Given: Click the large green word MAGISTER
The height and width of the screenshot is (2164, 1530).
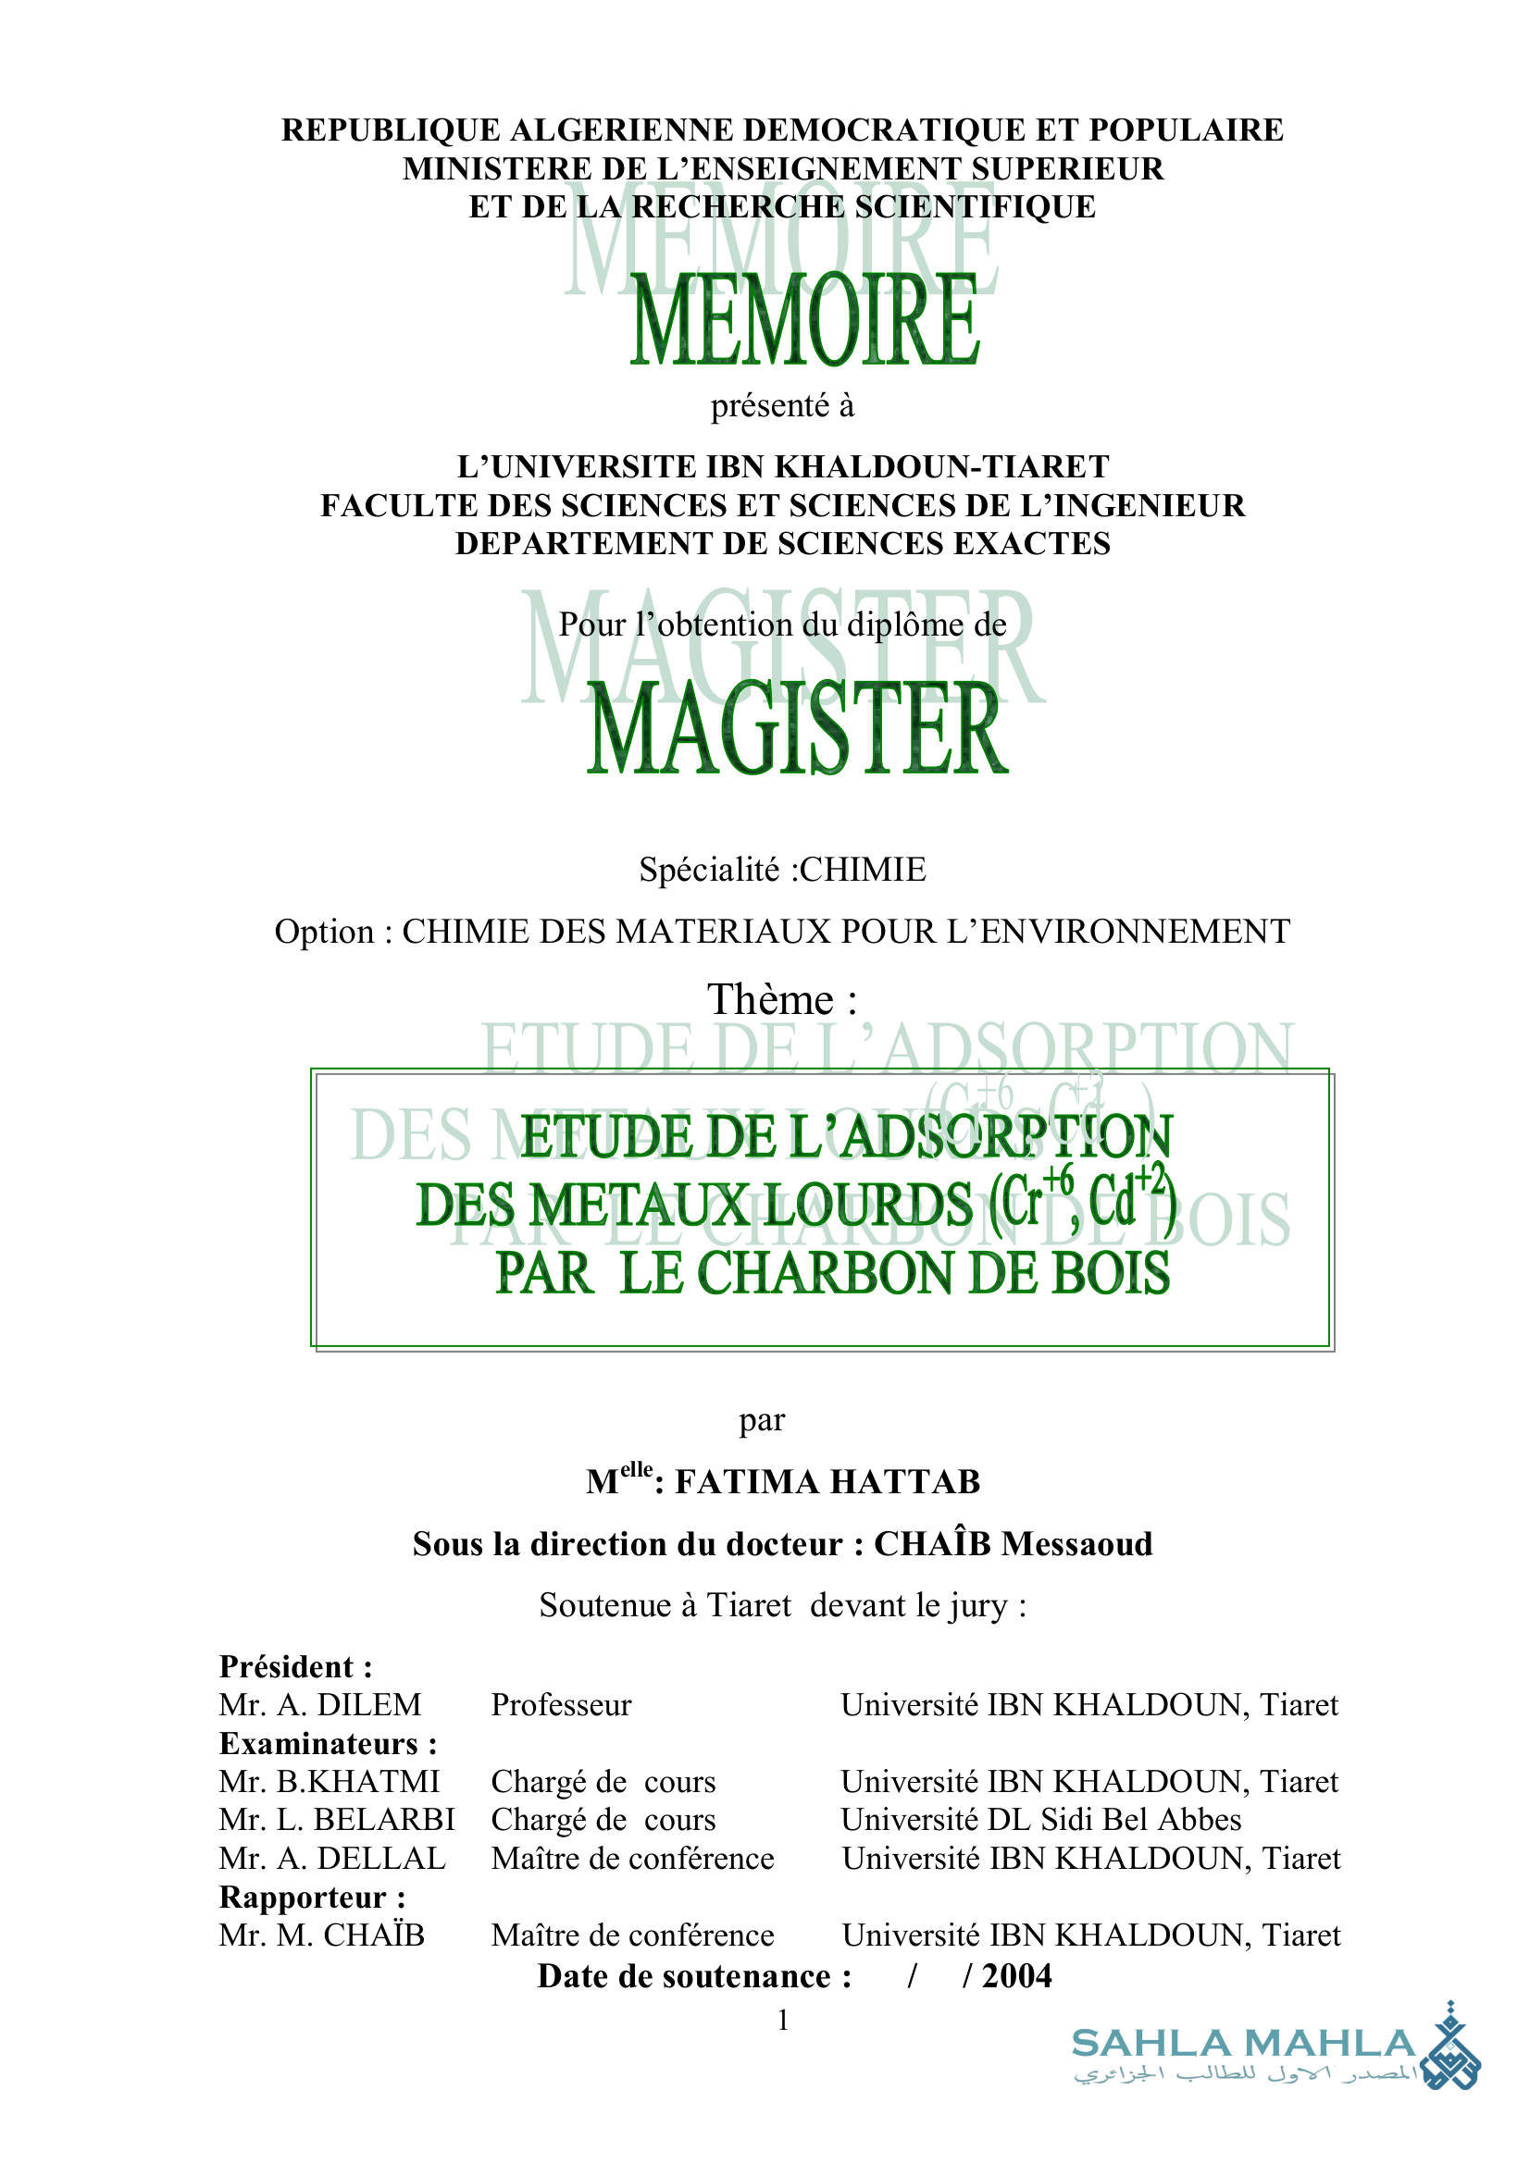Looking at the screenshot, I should click(798, 728).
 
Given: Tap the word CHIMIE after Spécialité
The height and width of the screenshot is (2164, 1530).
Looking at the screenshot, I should click(863, 869).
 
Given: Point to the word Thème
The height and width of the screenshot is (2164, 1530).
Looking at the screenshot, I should click(771, 999).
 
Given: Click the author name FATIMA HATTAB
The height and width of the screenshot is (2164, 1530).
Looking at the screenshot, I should click(827, 1481).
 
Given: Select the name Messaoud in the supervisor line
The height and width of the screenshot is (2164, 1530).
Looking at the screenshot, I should click(1076, 1544).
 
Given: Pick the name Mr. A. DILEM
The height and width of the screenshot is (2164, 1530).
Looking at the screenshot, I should click(320, 1705).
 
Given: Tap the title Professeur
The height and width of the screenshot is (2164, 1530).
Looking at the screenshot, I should click(562, 1705).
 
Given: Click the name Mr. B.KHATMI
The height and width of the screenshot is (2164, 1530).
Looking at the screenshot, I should click(330, 1781).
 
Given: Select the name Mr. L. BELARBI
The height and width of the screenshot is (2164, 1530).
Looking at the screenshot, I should click(337, 1819).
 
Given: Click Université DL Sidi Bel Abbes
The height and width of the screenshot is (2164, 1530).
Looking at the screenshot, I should click(1040, 1819).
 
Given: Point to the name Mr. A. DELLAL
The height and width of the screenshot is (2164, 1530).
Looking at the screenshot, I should click(332, 1858).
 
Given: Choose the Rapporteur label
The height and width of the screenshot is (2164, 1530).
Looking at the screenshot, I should click(312, 1897).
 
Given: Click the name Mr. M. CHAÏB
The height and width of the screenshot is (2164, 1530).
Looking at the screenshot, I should click(321, 1935).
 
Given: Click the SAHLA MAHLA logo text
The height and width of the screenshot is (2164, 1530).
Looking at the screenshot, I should click(1243, 2044).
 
